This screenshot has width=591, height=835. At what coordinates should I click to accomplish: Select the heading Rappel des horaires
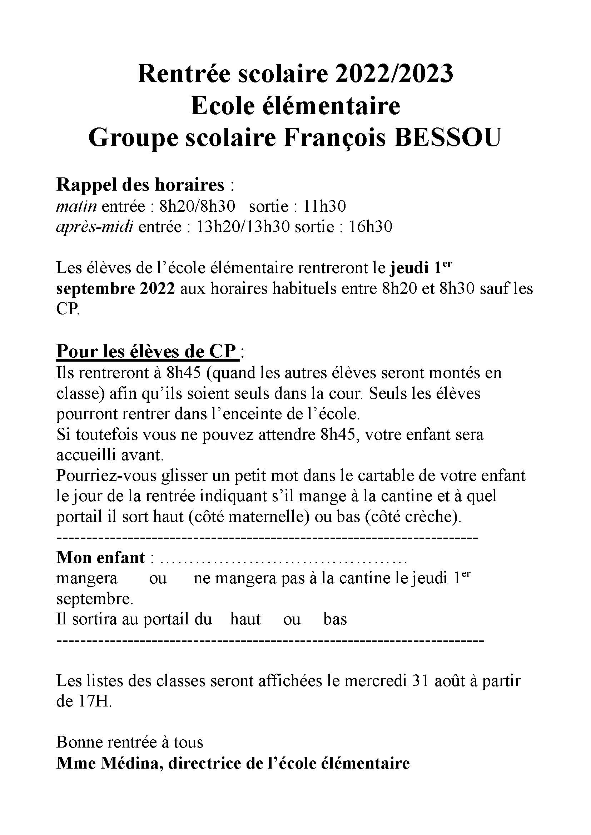click(x=140, y=185)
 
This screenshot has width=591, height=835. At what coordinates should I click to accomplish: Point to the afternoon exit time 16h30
click(x=371, y=227)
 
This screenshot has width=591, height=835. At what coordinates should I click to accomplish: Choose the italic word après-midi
click(x=95, y=227)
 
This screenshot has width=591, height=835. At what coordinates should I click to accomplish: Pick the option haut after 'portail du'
click(x=245, y=619)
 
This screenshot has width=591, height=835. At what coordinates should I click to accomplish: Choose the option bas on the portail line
click(x=335, y=619)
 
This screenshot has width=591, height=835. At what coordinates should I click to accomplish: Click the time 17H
click(x=94, y=702)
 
